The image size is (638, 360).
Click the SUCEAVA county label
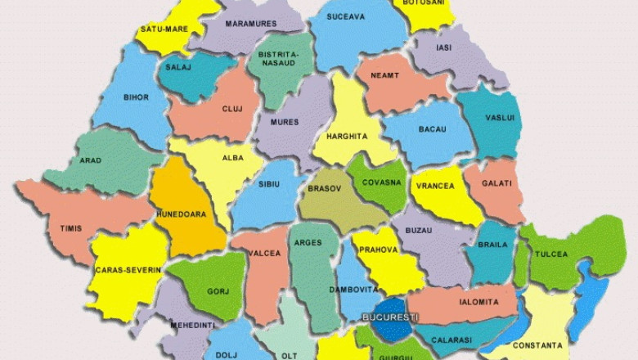click(345, 16)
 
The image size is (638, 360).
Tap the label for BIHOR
click(136, 97)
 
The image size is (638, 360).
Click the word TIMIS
click(70, 228)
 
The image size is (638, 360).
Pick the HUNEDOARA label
click(182, 214)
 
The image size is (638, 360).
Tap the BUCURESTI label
click(390, 317)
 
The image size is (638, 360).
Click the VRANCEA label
click(435, 186)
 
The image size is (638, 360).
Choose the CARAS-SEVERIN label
click(127, 269)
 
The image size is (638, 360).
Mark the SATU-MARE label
click(164, 29)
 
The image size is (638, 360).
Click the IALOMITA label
click(478, 302)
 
